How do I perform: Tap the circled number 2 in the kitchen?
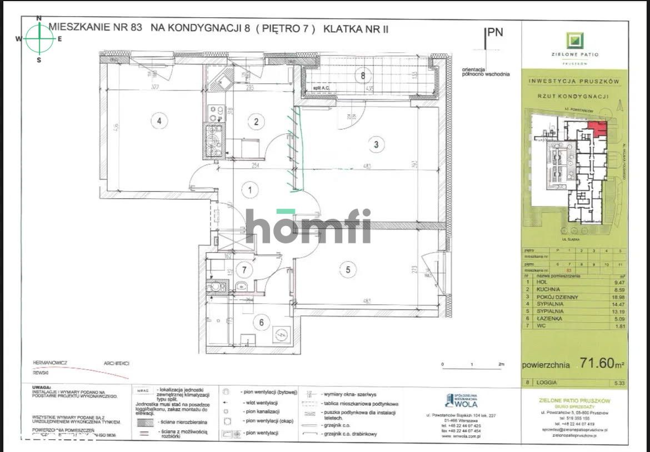point(256,122)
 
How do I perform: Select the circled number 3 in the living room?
point(376,145)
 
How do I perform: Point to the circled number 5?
point(348,270)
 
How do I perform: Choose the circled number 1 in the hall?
point(251,191)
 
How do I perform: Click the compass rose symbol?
point(39,38)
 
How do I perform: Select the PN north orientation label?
point(494,32)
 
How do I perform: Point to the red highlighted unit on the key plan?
point(598,129)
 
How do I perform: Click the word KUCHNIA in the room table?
point(549,289)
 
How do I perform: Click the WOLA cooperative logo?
point(458,400)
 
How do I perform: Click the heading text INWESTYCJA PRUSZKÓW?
point(574,81)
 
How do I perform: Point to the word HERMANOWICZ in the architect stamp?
point(50,363)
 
